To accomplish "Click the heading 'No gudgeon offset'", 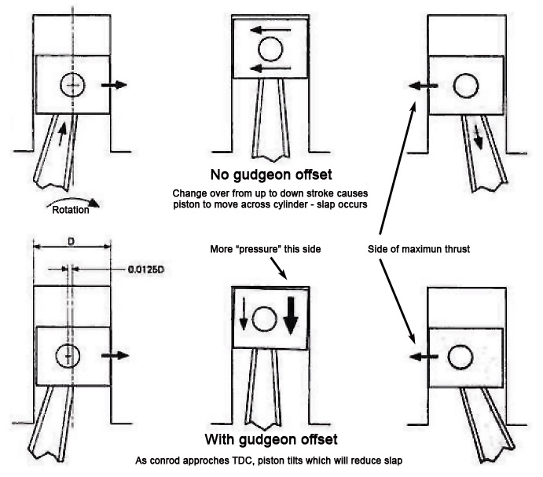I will pos(271,174).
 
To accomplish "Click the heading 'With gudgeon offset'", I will pos(271,439).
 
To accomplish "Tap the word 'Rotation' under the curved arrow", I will pos(69,210).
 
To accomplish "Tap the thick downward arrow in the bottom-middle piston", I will pos(293,317).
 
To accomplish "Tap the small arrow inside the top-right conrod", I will pos(479,139).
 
